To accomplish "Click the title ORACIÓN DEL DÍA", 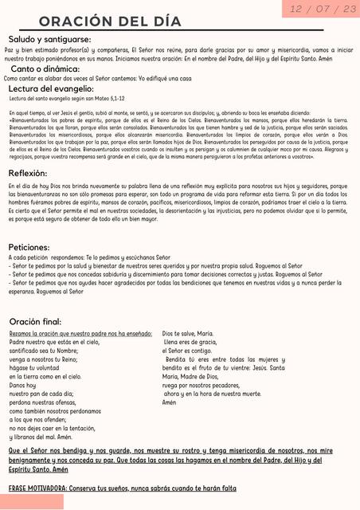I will [x=109, y=20].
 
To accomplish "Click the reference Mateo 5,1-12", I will [x=109, y=99].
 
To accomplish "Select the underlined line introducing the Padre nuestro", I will [x=80, y=333].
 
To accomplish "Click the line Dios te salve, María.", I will [x=187, y=333].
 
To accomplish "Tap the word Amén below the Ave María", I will [x=169, y=402].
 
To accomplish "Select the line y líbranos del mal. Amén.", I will [x=41, y=437].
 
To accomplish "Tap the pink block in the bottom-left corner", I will [x=32, y=501].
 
